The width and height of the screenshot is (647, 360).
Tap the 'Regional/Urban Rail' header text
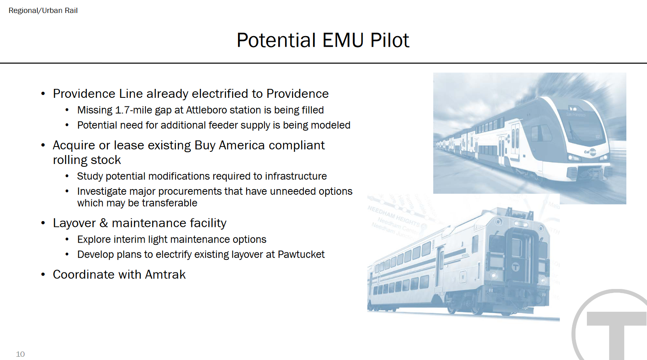click(x=43, y=11)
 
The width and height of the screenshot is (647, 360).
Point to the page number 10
click(x=20, y=354)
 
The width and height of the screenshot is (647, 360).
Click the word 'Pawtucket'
click(x=301, y=254)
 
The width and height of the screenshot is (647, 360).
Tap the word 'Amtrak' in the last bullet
click(x=165, y=274)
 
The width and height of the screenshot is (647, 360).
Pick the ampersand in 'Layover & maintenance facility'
click(x=104, y=223)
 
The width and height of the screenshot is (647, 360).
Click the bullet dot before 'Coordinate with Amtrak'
click(x=43, y=274)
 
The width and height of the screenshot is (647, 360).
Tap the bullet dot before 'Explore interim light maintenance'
click(x=67, y=239)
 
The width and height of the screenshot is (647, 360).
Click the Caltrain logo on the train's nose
click(x=590, y=152)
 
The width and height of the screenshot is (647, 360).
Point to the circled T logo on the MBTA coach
click(x=516, y=267)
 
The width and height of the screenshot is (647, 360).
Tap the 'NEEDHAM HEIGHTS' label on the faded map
click(x=394, y=216)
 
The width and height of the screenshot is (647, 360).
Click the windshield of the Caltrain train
click(x=584, y=127)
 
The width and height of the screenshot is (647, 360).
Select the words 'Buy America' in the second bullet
click(x=229, y=145)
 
